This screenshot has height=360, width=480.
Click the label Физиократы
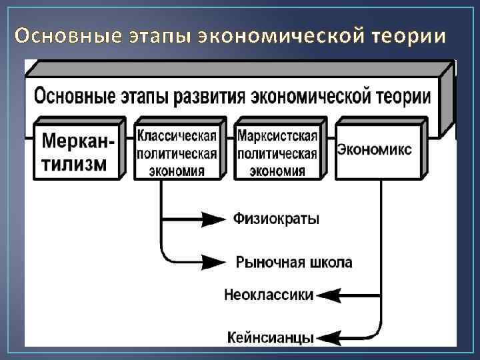click(x=277, y=219)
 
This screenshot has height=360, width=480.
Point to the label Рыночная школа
click(x=294, y=262)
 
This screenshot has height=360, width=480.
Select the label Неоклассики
click(x=269, y=295)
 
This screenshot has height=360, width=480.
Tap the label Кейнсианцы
click(x=270, y=337)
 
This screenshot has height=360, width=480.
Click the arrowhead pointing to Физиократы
click(x=215, y=219)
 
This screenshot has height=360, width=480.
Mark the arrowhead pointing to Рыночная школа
click(x=215, y=262)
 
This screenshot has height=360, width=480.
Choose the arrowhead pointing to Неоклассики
click(x=329, y=295)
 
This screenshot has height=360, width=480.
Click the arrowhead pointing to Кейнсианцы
click(x=329, y=337)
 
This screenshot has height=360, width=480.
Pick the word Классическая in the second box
click(x=177, y=136)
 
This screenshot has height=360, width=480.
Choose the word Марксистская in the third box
click(x=277, y=136)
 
